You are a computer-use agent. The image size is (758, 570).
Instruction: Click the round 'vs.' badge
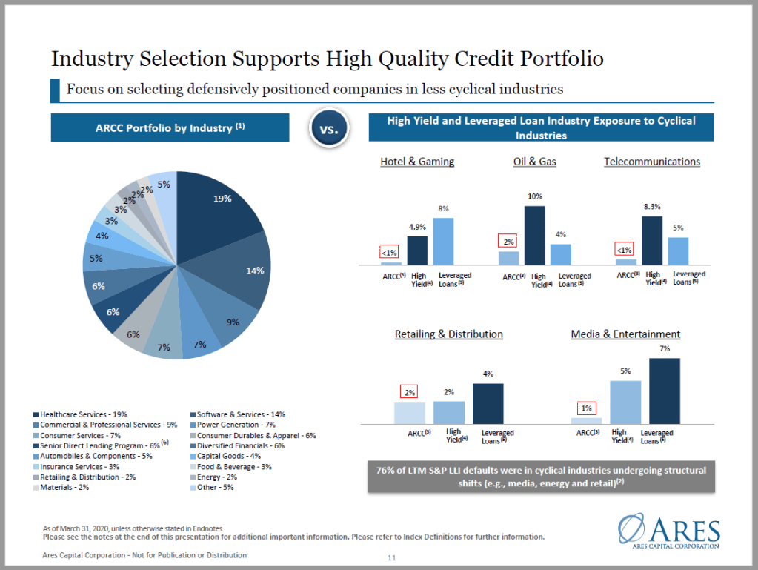point(328,129)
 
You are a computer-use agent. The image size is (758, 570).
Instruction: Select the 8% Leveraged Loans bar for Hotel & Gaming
point(443,241)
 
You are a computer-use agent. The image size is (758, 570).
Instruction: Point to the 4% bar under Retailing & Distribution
point(488,403)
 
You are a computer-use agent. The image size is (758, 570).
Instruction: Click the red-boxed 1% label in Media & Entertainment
point(586,408)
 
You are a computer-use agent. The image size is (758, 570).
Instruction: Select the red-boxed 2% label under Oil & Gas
point(508,242)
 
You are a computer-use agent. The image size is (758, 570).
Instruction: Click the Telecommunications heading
point(651,162)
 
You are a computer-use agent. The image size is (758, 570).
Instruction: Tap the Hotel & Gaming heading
point(417,162)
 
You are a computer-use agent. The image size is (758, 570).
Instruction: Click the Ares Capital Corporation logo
point(668,532)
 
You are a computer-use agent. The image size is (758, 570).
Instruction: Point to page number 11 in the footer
point(393,557)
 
